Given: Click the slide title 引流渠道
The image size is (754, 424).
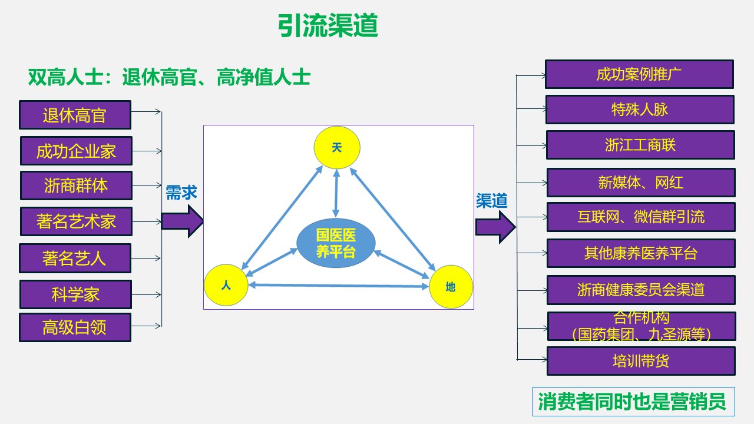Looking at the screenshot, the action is (x=328, y=25).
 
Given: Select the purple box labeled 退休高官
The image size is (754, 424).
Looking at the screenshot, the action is (x=75, y=115).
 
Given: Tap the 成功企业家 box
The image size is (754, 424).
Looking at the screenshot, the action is (x=76, y=151).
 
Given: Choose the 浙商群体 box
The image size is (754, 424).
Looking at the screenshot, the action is (x=76, y=185).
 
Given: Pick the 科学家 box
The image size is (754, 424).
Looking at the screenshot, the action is (x=76, y=294).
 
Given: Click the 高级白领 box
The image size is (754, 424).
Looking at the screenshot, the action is (x=75, y=327).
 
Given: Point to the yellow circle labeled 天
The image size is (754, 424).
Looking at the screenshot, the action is (x=337, y=147).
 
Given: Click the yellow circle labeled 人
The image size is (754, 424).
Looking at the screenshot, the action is (x=226, y=285).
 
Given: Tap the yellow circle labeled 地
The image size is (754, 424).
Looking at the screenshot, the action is (x=451, y=287).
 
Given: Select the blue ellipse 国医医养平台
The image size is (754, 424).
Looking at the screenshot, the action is (x=336, y=243).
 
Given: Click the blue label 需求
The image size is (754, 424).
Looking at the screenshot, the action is (x=181, y=193).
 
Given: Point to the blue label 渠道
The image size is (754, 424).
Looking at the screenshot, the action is (x=491, y=201).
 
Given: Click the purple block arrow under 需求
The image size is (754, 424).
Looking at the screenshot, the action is (x=182, y=221).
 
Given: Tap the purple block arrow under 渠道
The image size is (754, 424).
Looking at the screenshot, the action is (x=495, y=227).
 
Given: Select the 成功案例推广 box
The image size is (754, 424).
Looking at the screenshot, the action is (x=639, y=74).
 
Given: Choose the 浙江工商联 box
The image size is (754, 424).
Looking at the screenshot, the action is (x=640, y=145).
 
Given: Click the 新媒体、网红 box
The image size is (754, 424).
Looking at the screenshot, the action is (x=641, y=183).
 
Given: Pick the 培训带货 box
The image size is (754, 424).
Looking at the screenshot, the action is (x=641, y=361).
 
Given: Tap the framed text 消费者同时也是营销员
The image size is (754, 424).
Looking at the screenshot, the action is (x=633, y=402).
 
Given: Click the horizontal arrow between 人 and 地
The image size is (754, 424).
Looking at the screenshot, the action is (x=339, y=286).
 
